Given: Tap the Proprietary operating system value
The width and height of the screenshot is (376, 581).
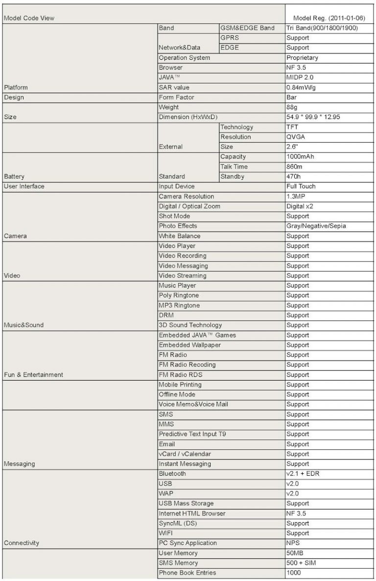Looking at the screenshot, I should (x=302, y=58).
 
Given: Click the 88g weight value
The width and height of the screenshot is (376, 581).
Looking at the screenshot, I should (x=293, y=107).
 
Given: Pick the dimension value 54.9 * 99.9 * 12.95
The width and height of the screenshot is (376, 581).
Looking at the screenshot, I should (x=313, y=117).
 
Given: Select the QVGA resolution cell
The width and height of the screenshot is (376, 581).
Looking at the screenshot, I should (x=296, y=137).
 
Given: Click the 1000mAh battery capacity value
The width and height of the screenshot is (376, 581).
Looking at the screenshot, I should (x=300, y=157).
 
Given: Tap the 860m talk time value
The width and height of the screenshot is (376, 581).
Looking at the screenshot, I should (x=295, y=167).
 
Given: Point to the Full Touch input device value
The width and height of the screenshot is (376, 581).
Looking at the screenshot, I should (x=301, y=186).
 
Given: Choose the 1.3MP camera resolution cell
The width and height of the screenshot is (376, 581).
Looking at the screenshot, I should (x=296, y=196).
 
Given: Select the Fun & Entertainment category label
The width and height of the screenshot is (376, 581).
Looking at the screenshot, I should (x=33, y=375).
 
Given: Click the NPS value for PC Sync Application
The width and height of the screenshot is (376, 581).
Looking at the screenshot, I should (x=293, y=543).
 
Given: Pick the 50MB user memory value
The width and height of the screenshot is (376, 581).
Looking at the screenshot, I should (x=295, y=553).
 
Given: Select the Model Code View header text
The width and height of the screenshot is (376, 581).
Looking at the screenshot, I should (x=29, y=19).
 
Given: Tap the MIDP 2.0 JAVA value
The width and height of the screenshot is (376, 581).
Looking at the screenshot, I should (x=300, y=77).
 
